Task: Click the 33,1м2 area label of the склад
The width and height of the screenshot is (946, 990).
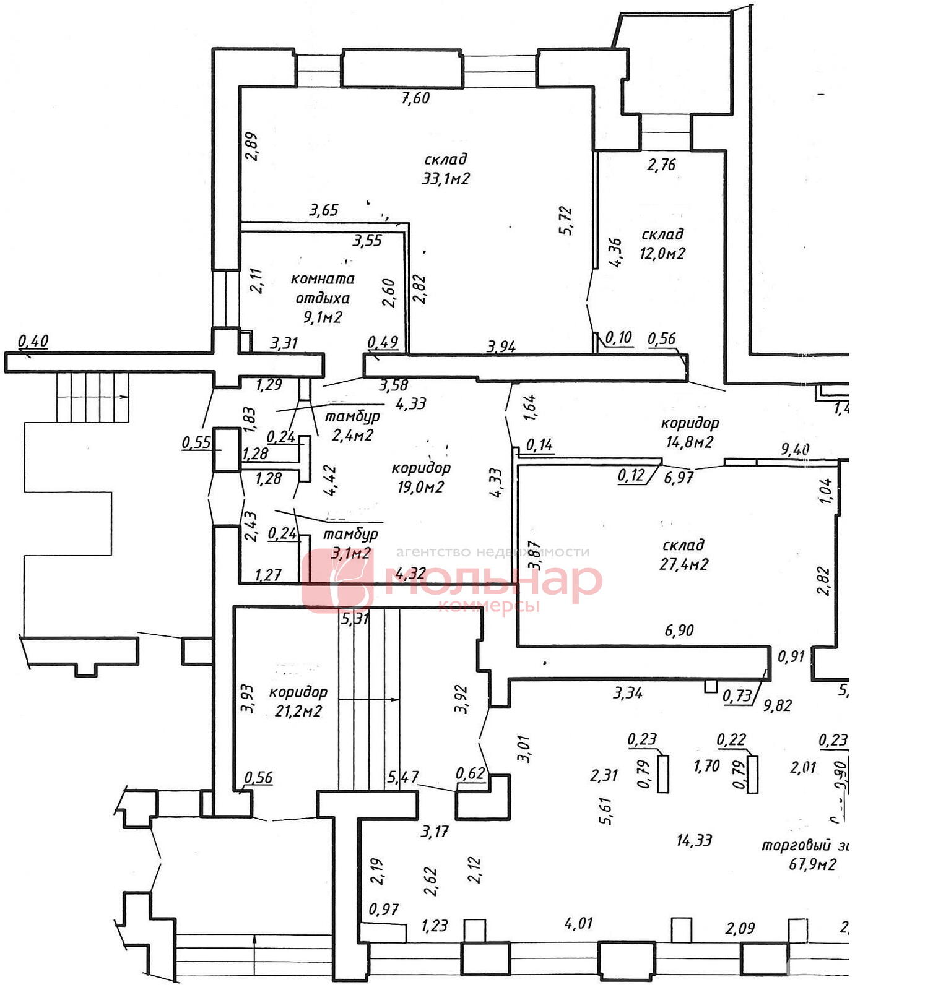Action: (x=446, y=179)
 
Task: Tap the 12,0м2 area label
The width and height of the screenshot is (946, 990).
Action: (x=662, y=254)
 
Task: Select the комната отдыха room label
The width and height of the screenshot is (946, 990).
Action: (x=323, y=288)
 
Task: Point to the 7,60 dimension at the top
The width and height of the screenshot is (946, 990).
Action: (x=415, y=98)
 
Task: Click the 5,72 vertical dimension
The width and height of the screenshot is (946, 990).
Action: (x=566, y=220)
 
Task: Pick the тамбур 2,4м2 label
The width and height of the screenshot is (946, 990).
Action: (x=352, y=426)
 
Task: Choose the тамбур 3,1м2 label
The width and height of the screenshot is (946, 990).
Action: (x=350, y=543)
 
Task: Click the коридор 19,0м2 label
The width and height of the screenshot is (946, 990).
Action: (x=421, y=477)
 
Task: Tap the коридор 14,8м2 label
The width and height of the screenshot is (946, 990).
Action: (x=690, y=433)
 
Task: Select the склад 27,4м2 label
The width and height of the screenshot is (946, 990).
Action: (x=683, y=554)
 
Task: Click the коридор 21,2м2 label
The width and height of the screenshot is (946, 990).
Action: (x=298, y=701)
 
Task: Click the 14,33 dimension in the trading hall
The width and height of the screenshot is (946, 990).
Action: (x=694, y=840)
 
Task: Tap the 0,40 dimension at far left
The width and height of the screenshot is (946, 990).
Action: (x=33, y=340)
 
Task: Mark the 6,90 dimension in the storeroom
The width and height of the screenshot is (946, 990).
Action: (x=679, y=631)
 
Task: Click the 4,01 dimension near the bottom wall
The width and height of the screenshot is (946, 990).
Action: (x=578, y=924)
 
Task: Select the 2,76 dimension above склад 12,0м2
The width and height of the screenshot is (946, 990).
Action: (x=661, y=165)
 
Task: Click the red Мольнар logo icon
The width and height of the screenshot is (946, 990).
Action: (x=337, y=580)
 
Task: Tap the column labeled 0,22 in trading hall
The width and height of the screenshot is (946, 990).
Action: (x=752, y=773)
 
